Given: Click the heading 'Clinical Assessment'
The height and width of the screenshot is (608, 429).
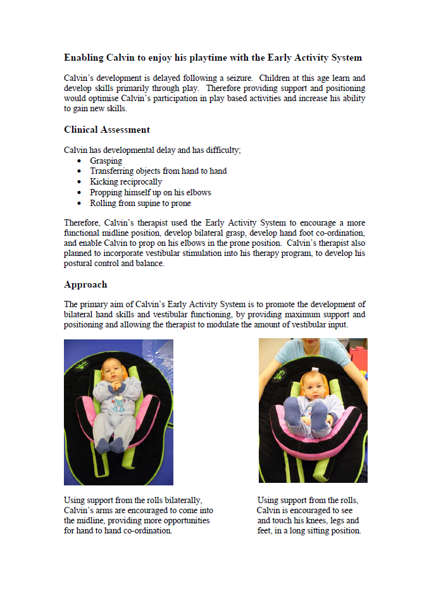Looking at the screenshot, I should click(x=107, y=130).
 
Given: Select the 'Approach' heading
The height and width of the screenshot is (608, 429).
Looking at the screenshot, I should click(x=85, y=284).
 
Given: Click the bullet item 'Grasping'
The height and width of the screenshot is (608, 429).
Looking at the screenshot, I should click(x=106, y=161).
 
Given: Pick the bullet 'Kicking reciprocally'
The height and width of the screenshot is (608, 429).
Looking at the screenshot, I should click(x=126, y=182).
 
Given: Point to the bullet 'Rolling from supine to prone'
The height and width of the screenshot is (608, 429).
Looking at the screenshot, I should click(x=140, y=204).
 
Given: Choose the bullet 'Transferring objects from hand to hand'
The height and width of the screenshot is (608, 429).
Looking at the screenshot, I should click(x=158, y=171).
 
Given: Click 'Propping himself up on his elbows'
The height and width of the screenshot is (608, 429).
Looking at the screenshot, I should click(x=151, y=193).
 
